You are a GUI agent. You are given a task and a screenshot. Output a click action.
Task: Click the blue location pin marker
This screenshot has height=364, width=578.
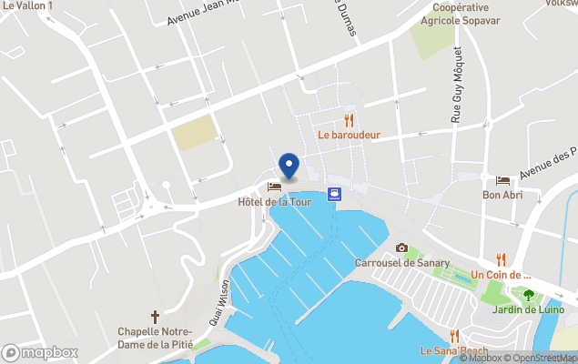coord(289,165)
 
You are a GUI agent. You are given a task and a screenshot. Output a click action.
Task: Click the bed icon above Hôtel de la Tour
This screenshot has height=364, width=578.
coord(274,187)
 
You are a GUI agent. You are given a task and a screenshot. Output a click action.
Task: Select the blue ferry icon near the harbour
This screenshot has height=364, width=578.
coord(335,193)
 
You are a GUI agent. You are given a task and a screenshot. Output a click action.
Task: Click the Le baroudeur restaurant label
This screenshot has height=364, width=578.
coord(349,135)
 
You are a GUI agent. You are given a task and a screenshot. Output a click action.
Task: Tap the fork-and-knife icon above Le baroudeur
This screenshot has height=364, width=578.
coord(349,120)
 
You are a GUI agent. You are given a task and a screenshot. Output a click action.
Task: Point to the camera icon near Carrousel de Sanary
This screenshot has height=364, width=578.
coord(401,248)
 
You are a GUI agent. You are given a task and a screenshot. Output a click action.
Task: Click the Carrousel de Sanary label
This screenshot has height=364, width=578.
coord(401,263)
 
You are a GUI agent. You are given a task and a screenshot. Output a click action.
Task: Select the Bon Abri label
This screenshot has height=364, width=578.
coord(502,195)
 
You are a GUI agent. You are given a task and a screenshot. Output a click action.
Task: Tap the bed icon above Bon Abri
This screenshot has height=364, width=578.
coord(502,181)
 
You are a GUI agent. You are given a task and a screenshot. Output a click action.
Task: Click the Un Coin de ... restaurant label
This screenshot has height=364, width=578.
coord(501,275)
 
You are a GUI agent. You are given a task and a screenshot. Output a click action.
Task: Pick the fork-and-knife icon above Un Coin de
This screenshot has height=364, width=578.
coord(501,260)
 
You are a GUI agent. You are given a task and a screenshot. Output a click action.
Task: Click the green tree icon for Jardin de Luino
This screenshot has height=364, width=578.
coord(528,295)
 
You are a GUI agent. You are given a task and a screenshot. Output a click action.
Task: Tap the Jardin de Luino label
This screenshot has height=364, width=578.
coord(528,309)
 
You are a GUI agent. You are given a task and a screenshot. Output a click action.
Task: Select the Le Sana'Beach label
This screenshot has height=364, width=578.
coord(454,350)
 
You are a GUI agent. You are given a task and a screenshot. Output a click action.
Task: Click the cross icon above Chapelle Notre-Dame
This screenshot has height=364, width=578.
coord(155,317)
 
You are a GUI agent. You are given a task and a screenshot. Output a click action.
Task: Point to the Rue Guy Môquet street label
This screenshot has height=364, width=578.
coord(458,86)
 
